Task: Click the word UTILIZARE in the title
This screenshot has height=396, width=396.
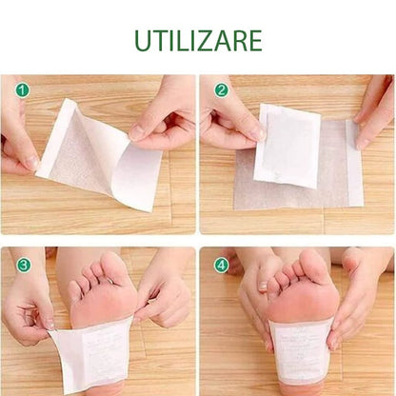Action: tap(198, 41)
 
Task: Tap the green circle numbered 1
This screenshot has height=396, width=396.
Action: tap(22, 90)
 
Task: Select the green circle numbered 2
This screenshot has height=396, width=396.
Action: tap(221, 90)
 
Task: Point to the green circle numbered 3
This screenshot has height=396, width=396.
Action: tap(24, 265)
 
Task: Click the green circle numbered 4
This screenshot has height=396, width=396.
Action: tap(221, 265)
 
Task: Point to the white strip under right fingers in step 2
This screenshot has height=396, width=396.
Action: tap(353, 162)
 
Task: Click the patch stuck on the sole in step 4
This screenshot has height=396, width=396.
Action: tap(300, 352)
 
